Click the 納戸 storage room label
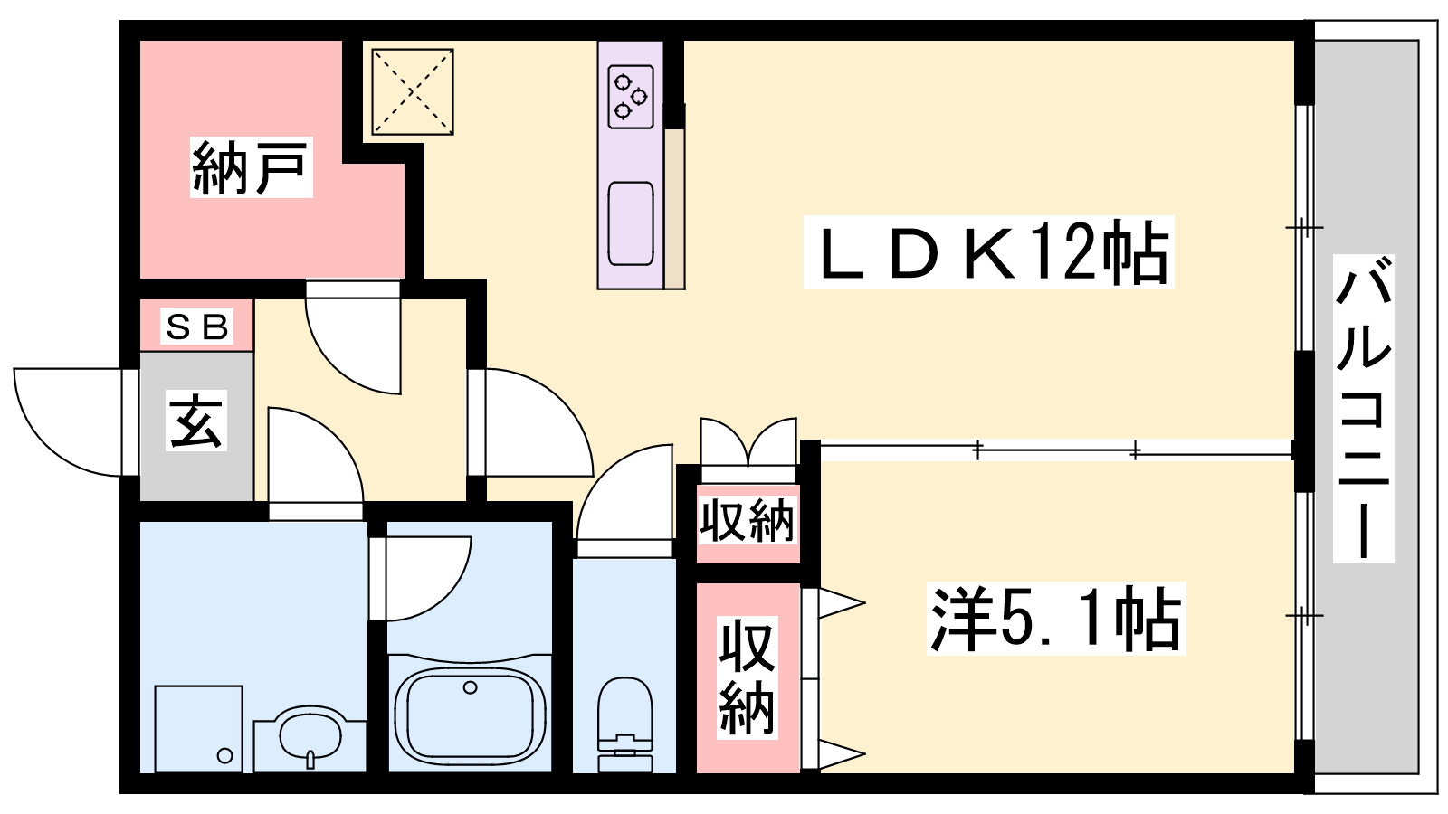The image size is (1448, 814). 251,167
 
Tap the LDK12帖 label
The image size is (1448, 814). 988,252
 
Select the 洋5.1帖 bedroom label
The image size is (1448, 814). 1055,619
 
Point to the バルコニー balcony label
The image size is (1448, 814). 1363,408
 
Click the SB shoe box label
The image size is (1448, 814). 197,327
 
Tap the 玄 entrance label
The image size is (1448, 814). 195,421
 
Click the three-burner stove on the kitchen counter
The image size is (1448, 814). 630,97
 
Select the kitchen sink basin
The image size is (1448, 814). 630,223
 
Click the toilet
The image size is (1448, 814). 624,724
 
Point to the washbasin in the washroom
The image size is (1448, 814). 310,737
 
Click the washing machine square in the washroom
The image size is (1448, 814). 199,729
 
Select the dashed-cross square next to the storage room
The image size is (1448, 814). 413,91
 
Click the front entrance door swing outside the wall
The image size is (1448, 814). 67,421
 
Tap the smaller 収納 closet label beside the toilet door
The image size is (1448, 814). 748,520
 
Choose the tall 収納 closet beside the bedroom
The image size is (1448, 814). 748,677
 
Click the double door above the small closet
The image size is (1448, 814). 748,441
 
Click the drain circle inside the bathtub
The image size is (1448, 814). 470,688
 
